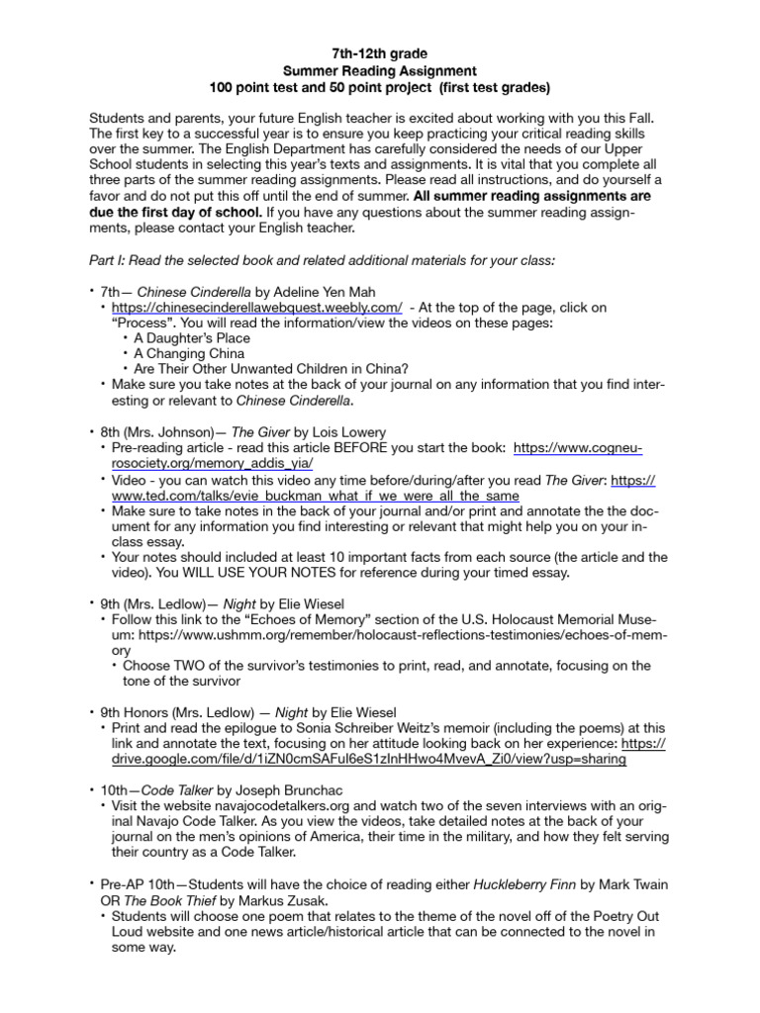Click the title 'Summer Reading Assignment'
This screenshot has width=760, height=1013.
click(380, 70)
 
